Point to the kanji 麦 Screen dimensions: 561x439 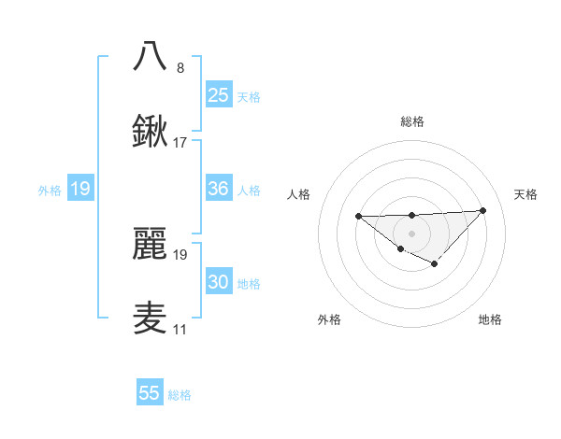coord(150,319)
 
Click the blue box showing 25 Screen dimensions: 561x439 coord(219,94)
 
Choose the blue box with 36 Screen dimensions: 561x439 coord(219,189)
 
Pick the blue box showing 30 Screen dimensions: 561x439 coord(219,282)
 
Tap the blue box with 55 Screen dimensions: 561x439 coord(150,393)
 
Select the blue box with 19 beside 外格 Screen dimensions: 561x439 coord(80,190)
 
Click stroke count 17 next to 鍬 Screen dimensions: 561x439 coord(180,143)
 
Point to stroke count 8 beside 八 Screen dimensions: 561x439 coord(180,67)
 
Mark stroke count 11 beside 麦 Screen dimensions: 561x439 coord(180,330)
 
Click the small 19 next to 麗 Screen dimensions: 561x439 coord(180,254)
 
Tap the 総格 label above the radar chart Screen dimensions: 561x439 coord(412,121)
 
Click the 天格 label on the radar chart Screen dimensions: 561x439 coord(526,194)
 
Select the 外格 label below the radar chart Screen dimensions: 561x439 coord(329,319)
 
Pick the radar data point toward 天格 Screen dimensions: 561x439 coord(482,210)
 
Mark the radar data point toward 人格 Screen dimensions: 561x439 coord(359,217)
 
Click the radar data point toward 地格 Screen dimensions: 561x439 coord(434,264)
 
